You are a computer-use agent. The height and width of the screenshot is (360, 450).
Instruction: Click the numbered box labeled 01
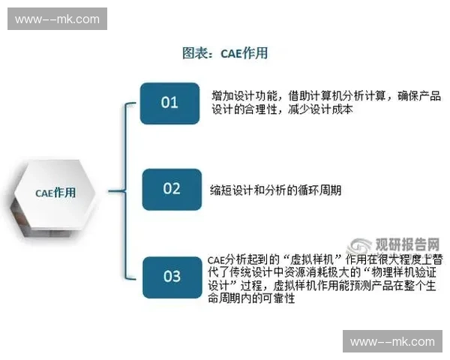tap(170, 103)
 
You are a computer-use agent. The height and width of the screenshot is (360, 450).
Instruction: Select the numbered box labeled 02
tap(172, 189)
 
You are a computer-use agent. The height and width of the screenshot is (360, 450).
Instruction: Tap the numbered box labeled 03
tap(172, 276)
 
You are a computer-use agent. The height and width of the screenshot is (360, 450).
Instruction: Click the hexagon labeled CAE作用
tap(55, 193)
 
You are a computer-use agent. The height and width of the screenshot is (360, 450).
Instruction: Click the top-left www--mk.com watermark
tap(57, 18)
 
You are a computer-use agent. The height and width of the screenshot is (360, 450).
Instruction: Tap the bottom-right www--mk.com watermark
tap(392, 341)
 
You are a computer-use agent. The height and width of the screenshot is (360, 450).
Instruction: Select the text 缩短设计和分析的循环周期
tap(275, 190)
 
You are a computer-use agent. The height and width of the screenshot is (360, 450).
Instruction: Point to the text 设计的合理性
tap(244, 109)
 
